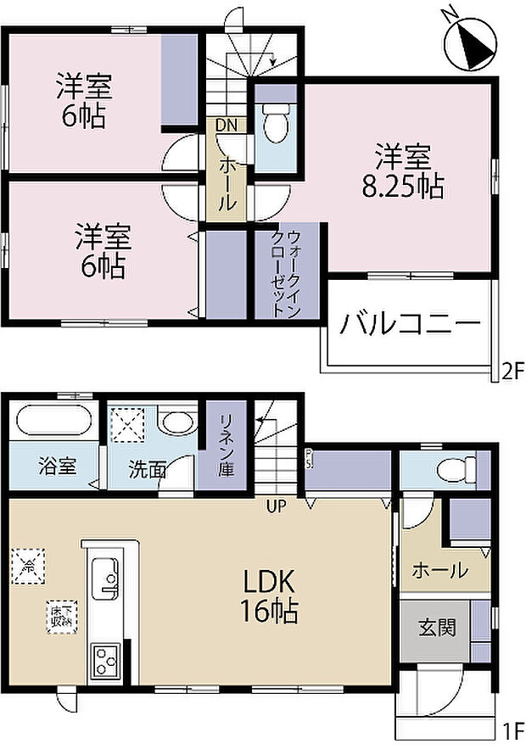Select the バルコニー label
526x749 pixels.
[411, 324]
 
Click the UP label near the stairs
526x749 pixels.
[277, 506]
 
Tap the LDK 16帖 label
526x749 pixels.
[270, 596]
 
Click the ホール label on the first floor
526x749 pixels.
[439, 571]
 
